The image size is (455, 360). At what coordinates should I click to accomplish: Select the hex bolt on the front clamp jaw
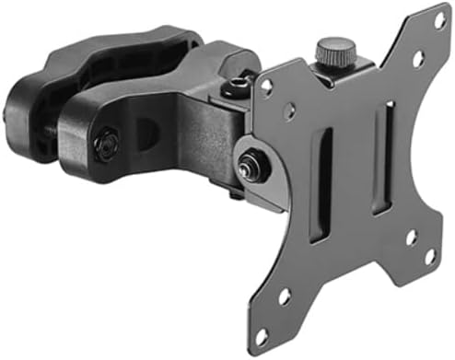(x=108, y=143)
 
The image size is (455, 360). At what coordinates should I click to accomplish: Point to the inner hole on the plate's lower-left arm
(x=285, y=296)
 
